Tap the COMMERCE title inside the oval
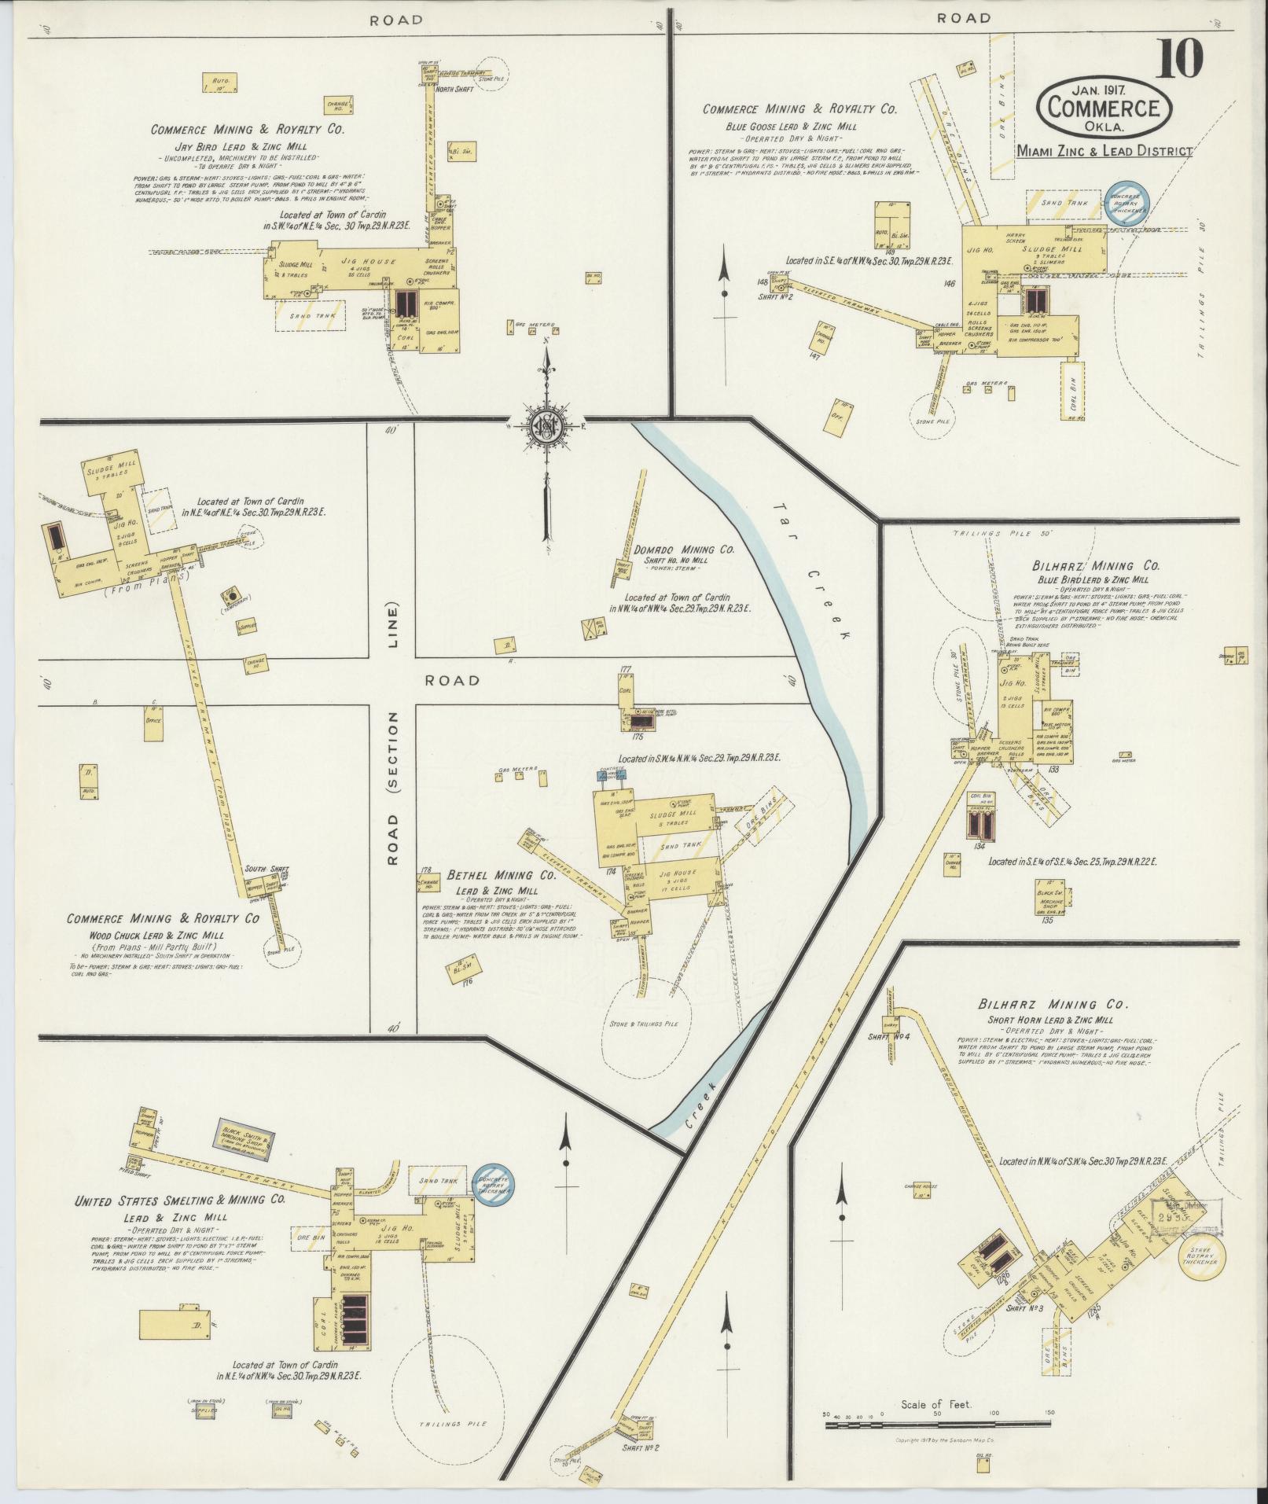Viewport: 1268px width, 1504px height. click(1103, 108)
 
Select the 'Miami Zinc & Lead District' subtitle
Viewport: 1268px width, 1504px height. click(1103, 151)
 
